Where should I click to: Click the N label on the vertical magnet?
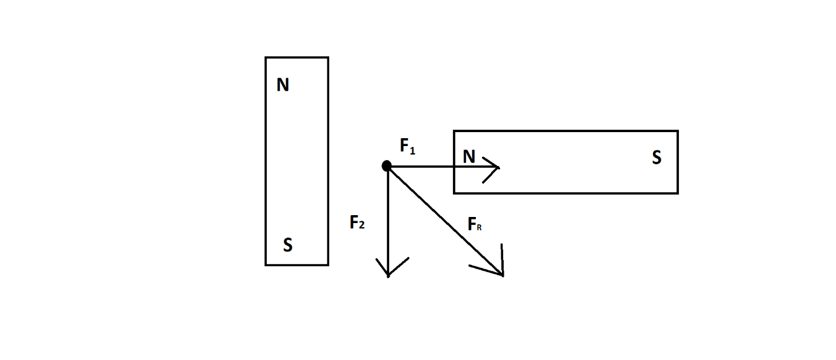tap(283, 85)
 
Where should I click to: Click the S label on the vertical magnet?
tap(288, 245)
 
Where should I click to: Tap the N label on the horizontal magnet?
tap(469, 157)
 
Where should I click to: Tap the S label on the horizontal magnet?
tap(657, 158)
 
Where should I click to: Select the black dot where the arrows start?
tap(386, 166)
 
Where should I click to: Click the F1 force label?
tap(407, 146)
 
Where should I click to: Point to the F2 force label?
tap(357, 223)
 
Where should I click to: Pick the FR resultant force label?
tap(475, 225)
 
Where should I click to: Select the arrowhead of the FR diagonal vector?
tap(501, 273)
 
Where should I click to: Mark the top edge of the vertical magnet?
tap(296, 58)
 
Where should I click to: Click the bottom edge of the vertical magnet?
tap(296, 265)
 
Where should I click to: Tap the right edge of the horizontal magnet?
tap(677, 162)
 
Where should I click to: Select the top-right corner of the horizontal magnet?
tap(677, 131)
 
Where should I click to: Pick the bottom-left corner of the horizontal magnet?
tap(454, 193)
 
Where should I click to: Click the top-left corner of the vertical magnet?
tap(266, 58)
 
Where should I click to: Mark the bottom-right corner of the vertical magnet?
tap(328, 265)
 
